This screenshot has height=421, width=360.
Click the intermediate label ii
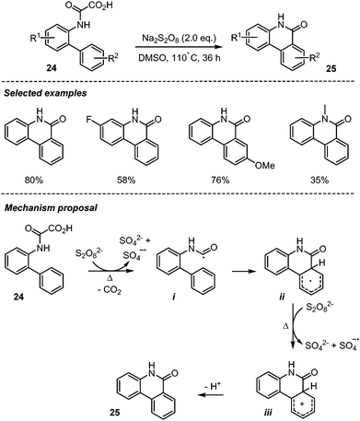click(311, 312)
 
